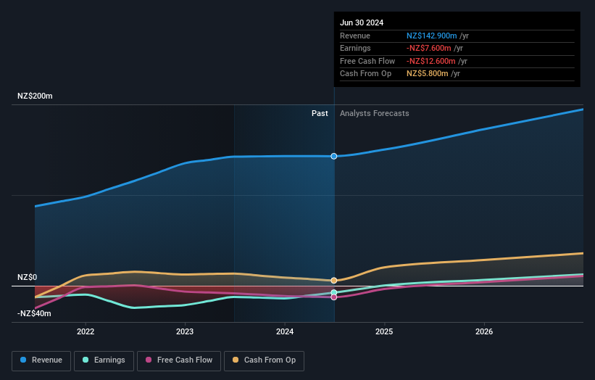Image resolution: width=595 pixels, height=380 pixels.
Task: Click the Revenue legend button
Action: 41,360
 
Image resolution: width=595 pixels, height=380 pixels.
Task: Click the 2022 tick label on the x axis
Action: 86,331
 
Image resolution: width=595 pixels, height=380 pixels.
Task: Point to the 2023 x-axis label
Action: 185,331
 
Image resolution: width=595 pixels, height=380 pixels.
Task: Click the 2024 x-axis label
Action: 285,331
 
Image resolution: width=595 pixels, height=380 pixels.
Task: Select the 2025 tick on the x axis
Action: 384,331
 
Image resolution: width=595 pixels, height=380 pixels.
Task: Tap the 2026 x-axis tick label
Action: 484,331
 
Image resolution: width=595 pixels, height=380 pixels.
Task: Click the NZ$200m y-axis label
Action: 35,96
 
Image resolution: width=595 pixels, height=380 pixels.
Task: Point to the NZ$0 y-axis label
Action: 27,278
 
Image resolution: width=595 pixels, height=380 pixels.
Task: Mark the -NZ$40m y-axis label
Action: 34,313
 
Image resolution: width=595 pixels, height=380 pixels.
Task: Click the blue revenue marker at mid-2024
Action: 334,156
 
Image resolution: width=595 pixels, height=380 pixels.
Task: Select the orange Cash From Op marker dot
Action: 334,280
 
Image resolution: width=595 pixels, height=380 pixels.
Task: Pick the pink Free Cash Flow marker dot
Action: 334,297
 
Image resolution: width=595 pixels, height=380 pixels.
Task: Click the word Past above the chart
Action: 320,113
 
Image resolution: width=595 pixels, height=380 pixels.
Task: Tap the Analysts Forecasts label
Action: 374,113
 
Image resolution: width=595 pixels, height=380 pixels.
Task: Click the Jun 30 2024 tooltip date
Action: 362,22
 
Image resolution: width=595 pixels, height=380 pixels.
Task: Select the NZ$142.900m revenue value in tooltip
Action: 432,36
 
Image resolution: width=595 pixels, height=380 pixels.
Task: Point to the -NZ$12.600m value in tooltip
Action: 432,61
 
